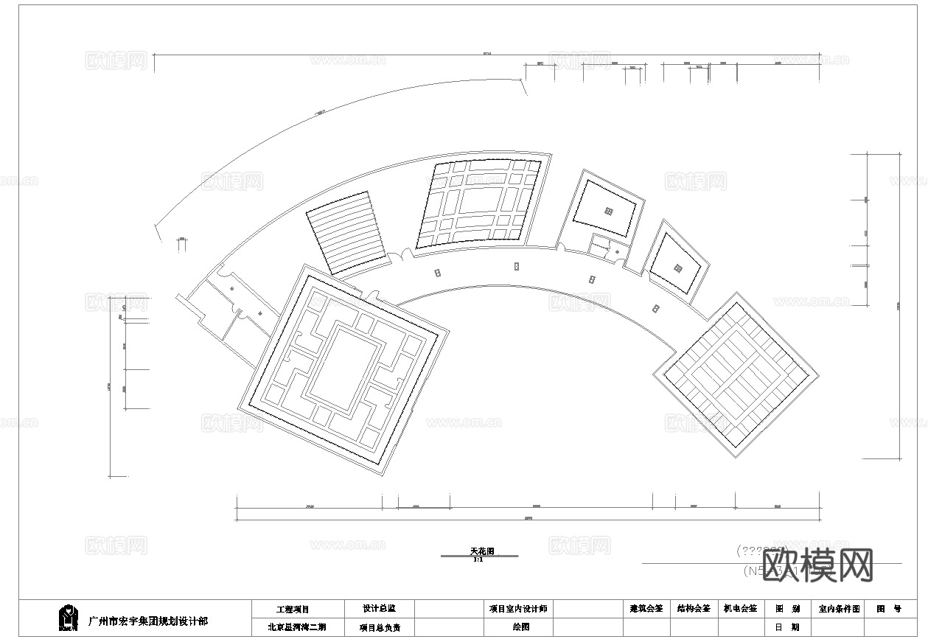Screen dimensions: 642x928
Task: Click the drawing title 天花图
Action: [482, 551]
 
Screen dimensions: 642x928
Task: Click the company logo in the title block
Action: [69, 618]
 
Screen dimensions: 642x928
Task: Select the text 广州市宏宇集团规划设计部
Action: [147, 621]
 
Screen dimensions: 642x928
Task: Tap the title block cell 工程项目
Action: [293, 610]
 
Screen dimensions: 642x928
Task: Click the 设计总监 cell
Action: [378, 609]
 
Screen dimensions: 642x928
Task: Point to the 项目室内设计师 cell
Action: [517, 609]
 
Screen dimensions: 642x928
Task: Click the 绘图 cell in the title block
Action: [520, 627]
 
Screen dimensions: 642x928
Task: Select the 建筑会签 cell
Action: [646, 609]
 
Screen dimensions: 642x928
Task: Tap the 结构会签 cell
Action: [694, 609]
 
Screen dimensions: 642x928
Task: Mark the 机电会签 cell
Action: [740, 609]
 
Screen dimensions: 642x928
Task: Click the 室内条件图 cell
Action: [838, 610]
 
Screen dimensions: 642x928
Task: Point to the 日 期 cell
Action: [786, 627]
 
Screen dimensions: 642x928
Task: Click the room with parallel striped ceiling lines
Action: [347, 233]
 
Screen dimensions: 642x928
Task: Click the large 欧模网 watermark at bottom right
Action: [818, 565]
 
